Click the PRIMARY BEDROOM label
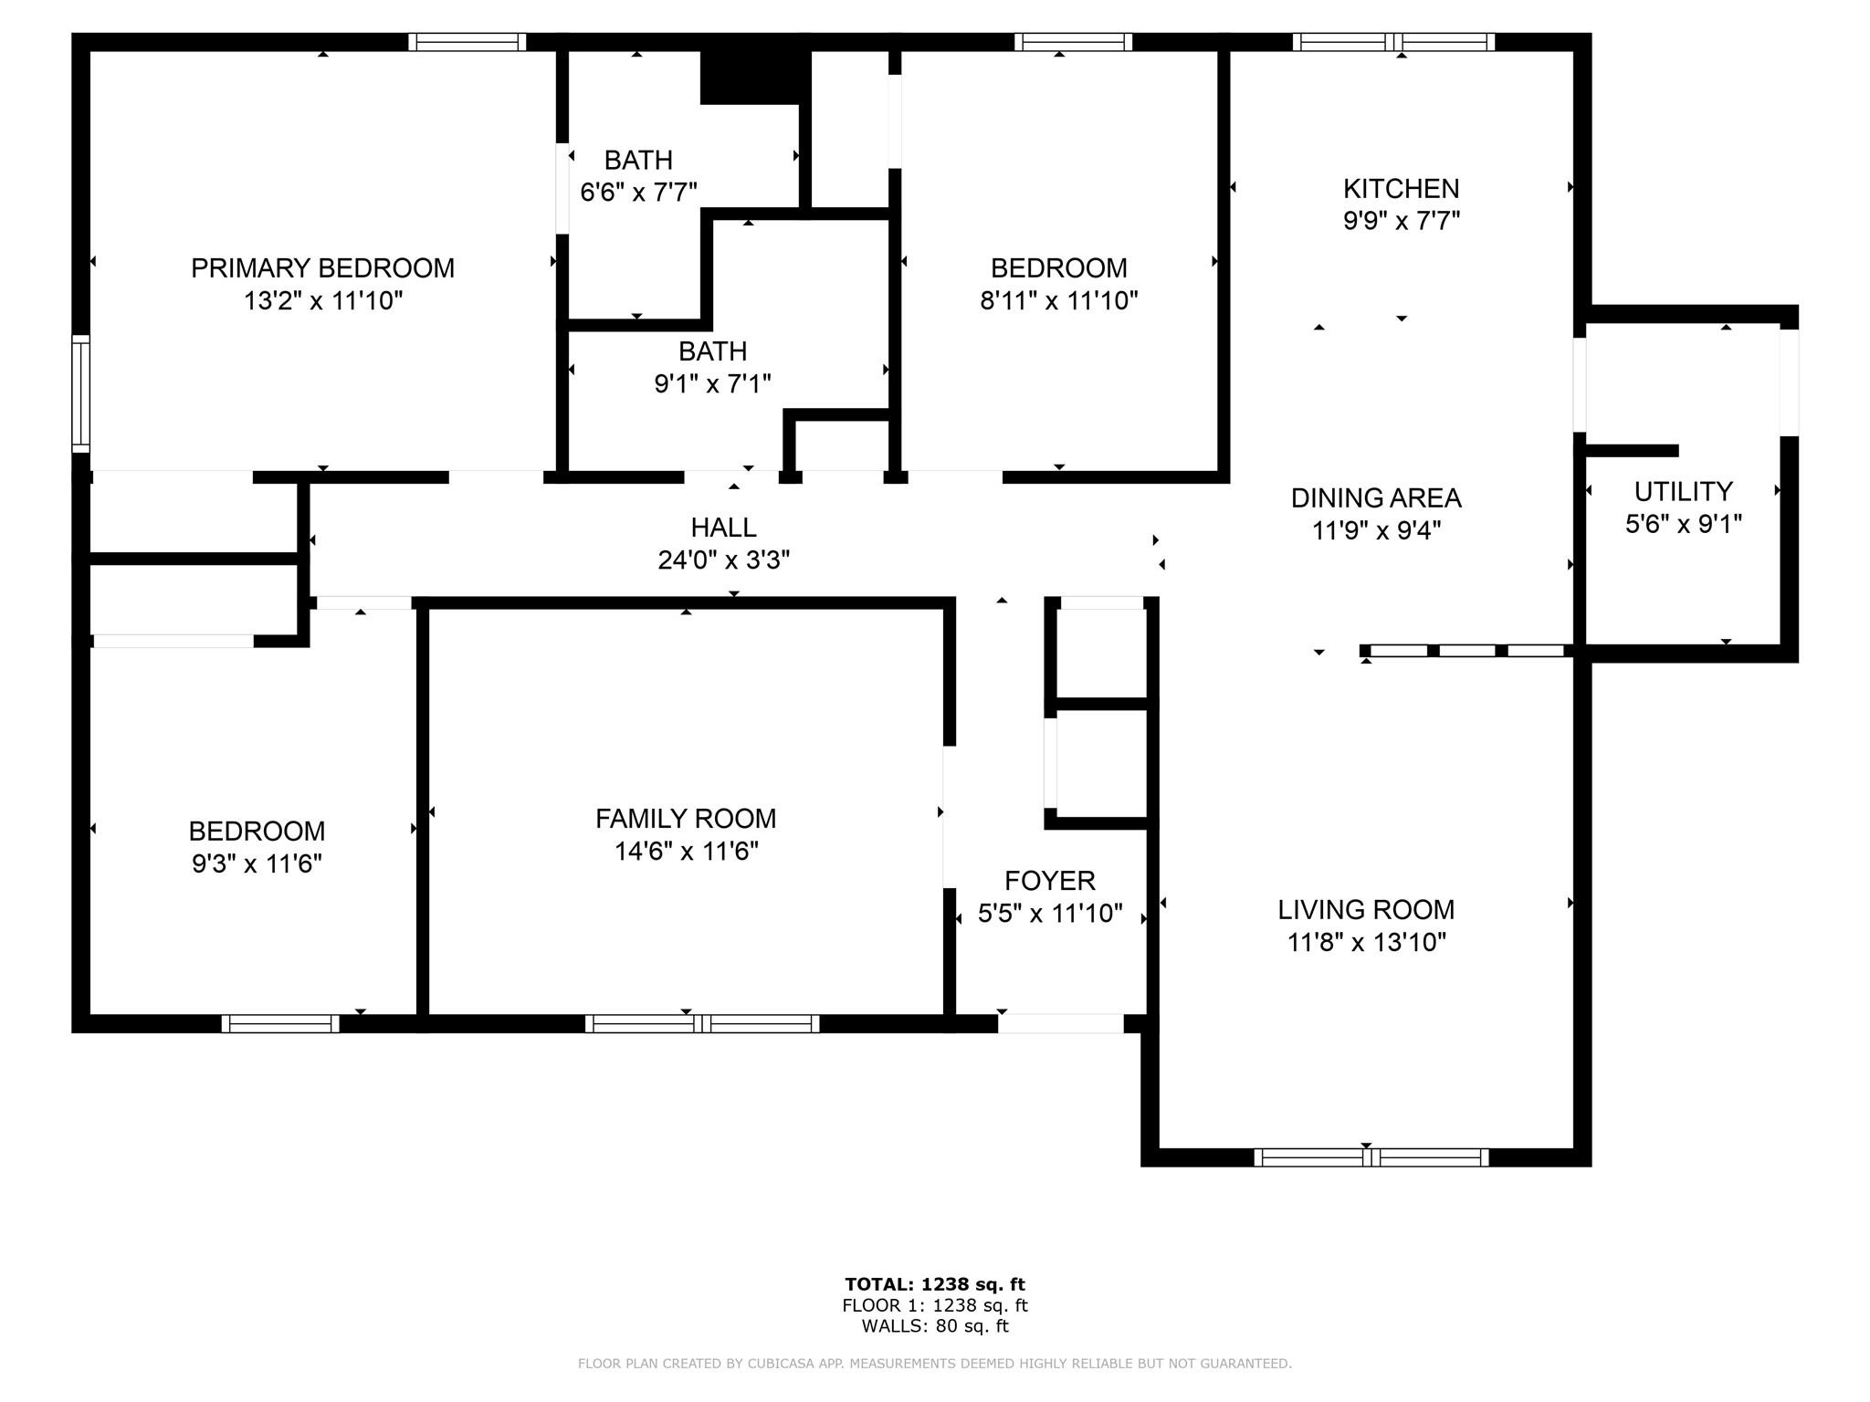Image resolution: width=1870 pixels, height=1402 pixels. [x=322, y=268]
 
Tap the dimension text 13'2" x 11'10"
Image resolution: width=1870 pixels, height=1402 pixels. [x=322, y=300]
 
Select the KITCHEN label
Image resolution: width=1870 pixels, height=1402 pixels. [x=1401, y=189]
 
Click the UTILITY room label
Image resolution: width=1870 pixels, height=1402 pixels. [x=1683, y=492]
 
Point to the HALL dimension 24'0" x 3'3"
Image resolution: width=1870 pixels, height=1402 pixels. [x=723, y=560]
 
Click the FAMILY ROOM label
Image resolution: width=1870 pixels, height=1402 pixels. [x=686, y=819]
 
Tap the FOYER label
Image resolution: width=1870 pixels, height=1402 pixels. [x=1049, y=881]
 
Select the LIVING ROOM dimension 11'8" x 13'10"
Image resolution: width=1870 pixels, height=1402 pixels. [x=1366, y=942]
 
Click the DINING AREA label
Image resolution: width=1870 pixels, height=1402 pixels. [x=1375, y=498]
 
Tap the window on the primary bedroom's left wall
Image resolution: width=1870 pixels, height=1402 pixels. [x=81, y=393]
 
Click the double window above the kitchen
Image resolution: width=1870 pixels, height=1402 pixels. [x=1392, y=42]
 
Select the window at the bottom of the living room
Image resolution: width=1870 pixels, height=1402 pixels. [x=1371, y=1157]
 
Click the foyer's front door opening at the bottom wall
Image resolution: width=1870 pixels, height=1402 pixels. [x=1060, y=1023]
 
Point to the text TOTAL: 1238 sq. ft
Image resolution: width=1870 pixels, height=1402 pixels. [x=934, y=1285]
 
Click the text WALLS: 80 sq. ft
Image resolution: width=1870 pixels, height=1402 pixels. [x=934, y=1326]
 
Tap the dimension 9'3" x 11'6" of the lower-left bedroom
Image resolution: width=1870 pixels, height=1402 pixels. [x=257, y=863]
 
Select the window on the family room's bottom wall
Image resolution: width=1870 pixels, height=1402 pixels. [x=701, y=1024]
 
